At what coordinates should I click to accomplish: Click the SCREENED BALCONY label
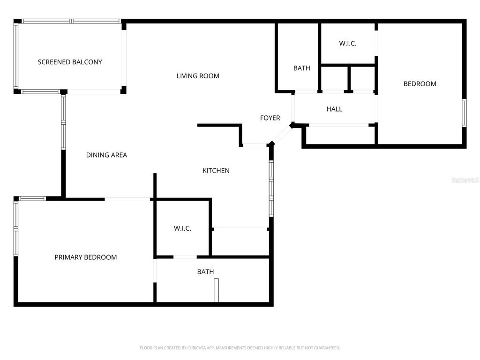point(70,62)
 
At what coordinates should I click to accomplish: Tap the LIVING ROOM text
point(198,76)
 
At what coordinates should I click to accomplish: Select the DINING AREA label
point(106,155)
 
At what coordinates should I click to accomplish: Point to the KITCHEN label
point(216,171)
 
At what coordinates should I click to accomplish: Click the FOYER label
point(270,118)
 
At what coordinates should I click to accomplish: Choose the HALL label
point(334,109)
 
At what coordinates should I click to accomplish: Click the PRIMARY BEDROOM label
point(86,257)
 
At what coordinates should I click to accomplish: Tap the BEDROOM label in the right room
point(420,84)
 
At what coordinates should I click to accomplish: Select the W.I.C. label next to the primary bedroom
point(182,229)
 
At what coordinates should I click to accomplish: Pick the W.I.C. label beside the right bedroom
point(348,44)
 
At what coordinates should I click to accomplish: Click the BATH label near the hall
point(302,68)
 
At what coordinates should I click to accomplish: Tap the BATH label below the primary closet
point(205,272)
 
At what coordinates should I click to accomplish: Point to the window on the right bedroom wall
point(464,113)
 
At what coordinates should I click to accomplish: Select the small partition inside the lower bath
point(216,291)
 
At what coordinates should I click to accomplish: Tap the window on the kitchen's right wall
point(271,188)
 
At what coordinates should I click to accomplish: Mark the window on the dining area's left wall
point(63,122)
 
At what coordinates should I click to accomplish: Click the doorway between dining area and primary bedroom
point(127,199)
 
